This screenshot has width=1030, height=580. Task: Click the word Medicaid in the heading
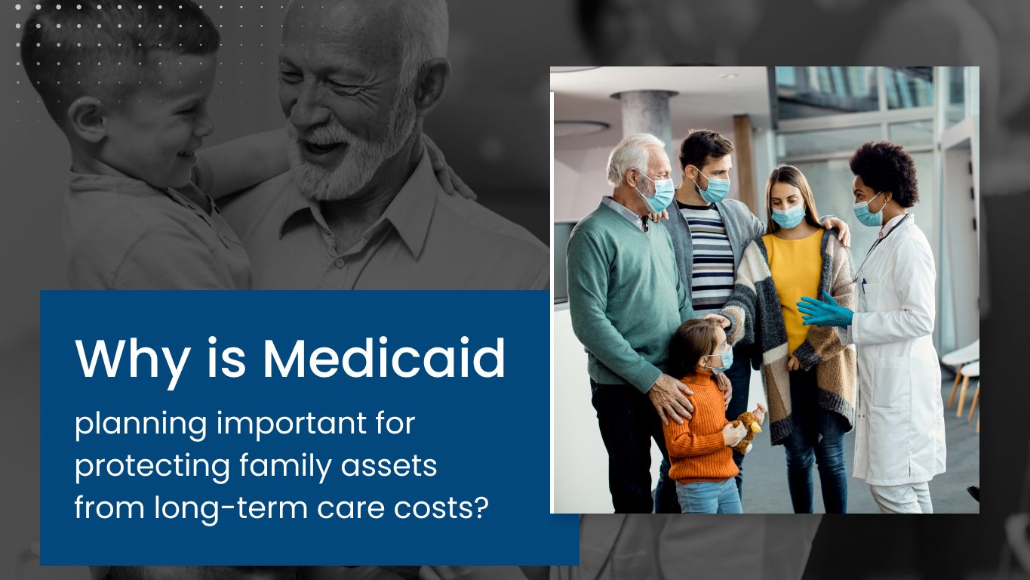point(383,358)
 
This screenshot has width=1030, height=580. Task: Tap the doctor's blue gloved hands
point(825,311)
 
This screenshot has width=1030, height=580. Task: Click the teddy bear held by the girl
point(746,430)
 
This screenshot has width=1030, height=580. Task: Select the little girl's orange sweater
point(699,428)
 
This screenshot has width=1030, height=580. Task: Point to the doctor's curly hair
point(884,171)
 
